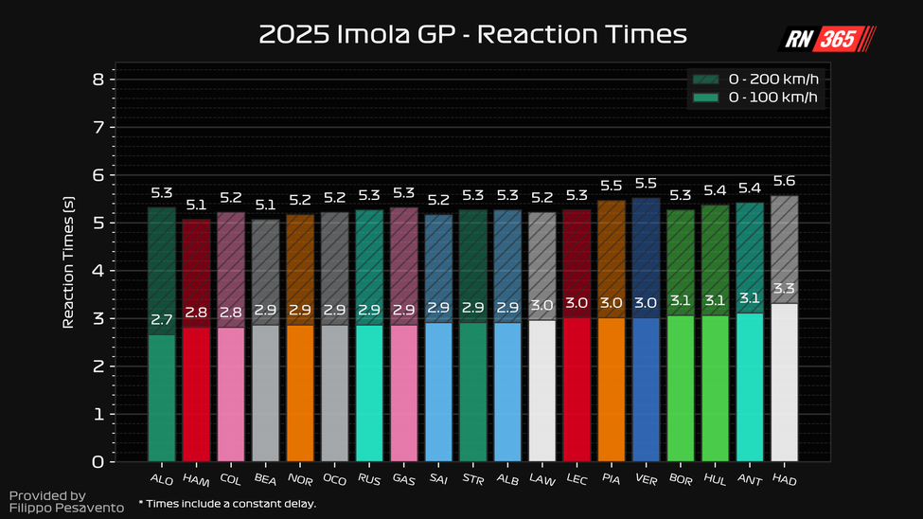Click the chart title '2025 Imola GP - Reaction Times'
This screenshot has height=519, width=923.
tap(472, 35)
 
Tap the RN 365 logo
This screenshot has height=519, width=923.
tap(825, 38)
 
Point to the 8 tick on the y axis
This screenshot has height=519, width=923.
tap(98, 80)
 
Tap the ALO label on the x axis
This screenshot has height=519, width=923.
tap(161, 479)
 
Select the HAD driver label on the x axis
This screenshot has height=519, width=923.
tap(785, 480)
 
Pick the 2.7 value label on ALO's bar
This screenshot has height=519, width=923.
tap(162, 321)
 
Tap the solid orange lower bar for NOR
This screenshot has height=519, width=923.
tap(300, 393)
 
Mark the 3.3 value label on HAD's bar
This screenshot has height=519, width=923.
tap(785, 290)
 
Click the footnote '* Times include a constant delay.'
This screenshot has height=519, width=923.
tap(226, 504)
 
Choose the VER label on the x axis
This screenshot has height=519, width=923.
tap(646, 480)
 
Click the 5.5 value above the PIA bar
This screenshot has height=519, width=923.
tap(611, 187)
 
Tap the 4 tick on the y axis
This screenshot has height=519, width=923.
tap(98, 271)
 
